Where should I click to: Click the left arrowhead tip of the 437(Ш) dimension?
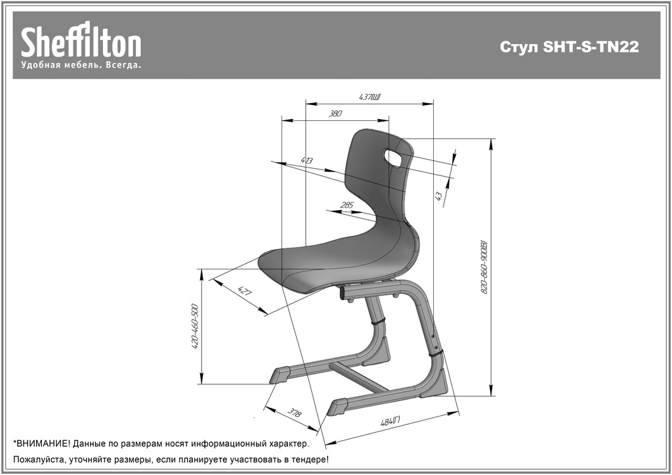(x=306, y=103)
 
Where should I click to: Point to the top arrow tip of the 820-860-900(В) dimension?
(x=491, y=139)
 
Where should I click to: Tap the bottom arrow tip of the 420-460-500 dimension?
(x=201, y=384)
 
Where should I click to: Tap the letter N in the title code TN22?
(x=612, y=47)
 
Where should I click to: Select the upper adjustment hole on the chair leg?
(x=433, y=337)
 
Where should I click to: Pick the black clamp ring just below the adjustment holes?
(x=436, y=354)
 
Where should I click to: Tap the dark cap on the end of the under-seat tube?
(x=343, y=294)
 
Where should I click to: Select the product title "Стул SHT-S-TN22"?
(x=569, y=47)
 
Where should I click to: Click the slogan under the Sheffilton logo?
(x=81, y=65)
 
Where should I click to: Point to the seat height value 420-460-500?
(x=194, y=326)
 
